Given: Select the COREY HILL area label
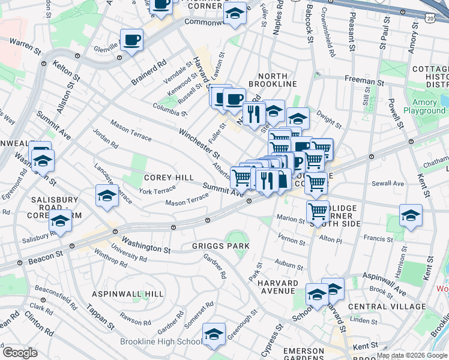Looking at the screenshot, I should [169, 178].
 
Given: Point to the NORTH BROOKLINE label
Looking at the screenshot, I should [277, 80].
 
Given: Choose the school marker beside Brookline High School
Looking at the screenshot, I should [214, 335].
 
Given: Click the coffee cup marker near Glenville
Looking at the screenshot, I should [131, 40].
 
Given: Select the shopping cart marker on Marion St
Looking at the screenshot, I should [318, 211].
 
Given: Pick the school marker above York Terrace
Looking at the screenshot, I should [107, 196].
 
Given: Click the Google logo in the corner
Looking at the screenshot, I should [20, 353].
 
